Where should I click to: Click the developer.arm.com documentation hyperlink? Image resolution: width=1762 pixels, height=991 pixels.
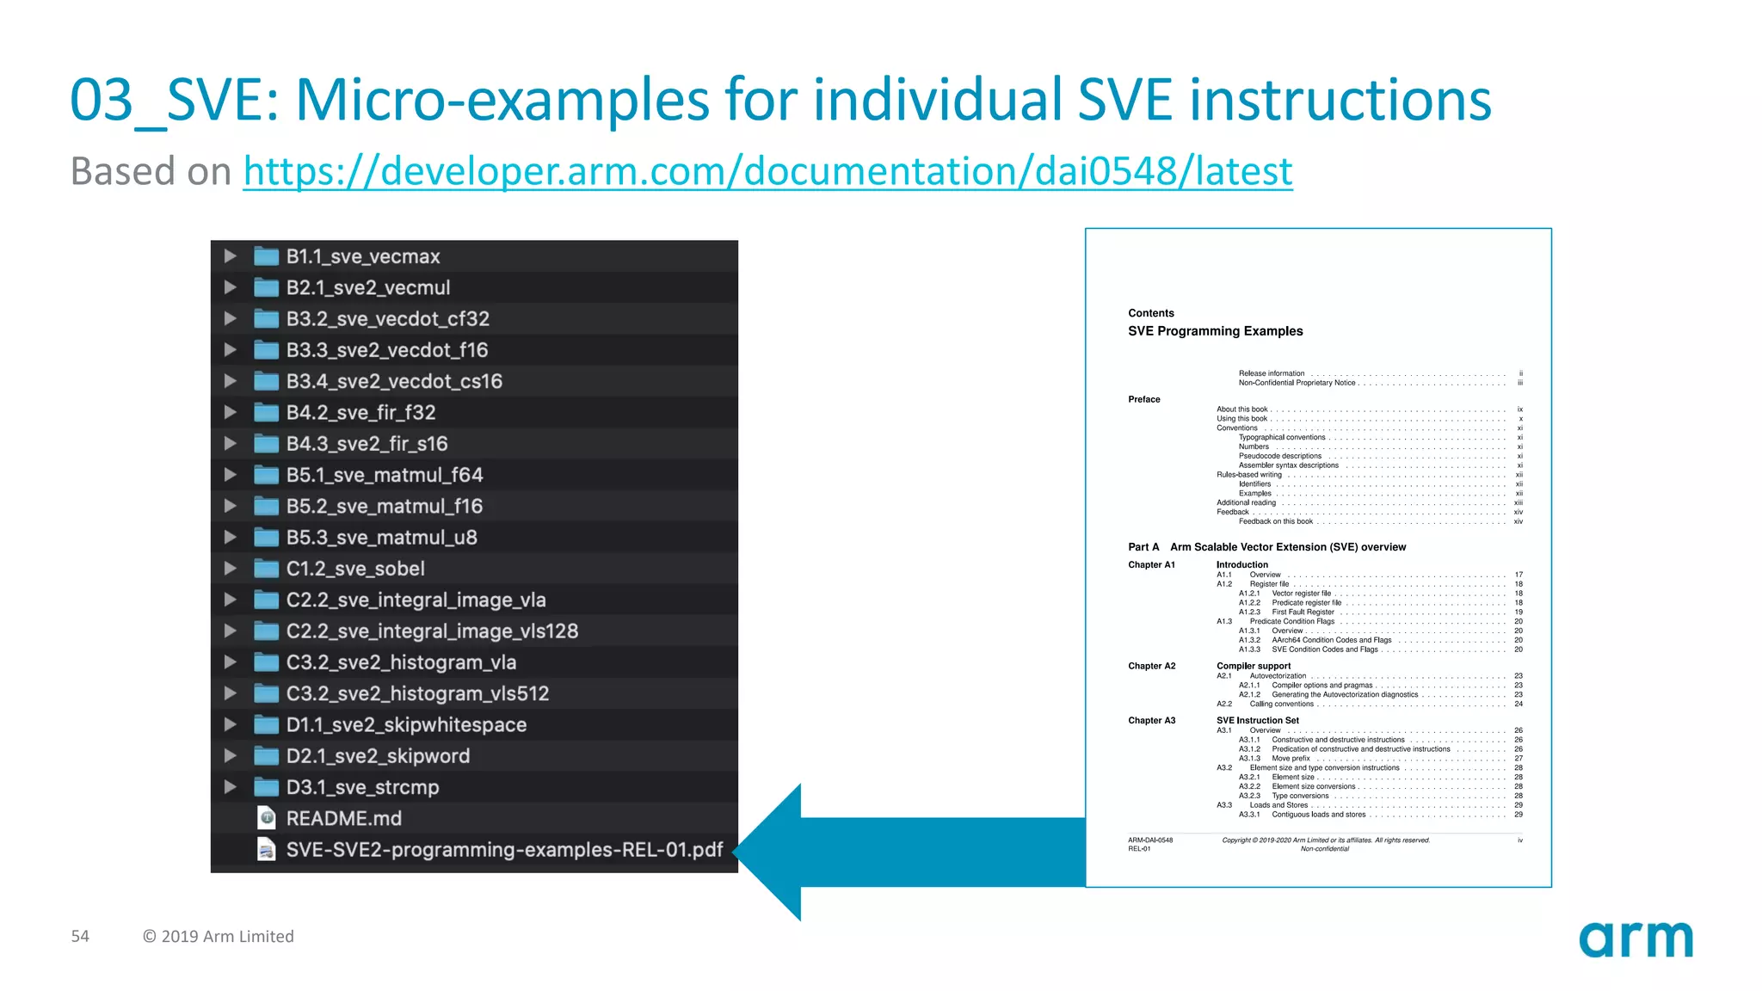(767, 171)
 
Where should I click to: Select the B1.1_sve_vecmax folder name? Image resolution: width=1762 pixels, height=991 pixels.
(362, 256)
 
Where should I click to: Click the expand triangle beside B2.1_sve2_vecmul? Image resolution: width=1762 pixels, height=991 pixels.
(230, 287)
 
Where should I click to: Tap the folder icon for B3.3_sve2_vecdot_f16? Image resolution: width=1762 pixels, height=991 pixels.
(266, 350)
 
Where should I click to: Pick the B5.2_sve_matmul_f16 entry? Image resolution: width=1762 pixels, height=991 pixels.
(384, 506)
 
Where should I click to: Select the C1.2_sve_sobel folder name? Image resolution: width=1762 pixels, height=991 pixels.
(355, 569)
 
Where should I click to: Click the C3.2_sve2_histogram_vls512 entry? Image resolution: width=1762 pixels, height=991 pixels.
(417, 693)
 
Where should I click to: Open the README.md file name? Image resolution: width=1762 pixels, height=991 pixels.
(343, 818)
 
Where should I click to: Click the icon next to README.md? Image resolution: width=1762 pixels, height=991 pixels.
(267, 817)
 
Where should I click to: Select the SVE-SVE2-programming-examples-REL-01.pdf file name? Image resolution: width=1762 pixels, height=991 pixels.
(504, 850)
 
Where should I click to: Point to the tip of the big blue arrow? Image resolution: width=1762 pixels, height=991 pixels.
(738, 852)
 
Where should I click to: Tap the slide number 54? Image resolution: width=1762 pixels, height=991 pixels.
(80, 936)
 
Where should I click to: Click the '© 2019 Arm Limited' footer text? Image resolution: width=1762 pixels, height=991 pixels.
(219, 936)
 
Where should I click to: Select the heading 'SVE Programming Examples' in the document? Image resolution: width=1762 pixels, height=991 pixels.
(1215, 331)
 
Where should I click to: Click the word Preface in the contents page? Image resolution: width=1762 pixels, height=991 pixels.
(1143, 399)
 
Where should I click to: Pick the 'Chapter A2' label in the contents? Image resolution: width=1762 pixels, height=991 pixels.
(1151, 666)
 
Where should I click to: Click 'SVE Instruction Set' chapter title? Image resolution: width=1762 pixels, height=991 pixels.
(1257, 720)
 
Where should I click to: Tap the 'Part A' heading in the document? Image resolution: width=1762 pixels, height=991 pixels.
(1143, 547)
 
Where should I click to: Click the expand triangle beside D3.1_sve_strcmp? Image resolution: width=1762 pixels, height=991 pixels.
(230, 787)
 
